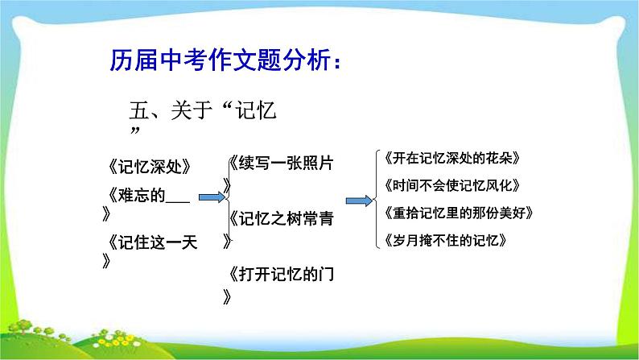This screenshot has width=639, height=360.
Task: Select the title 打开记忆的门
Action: tap(282, 275)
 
